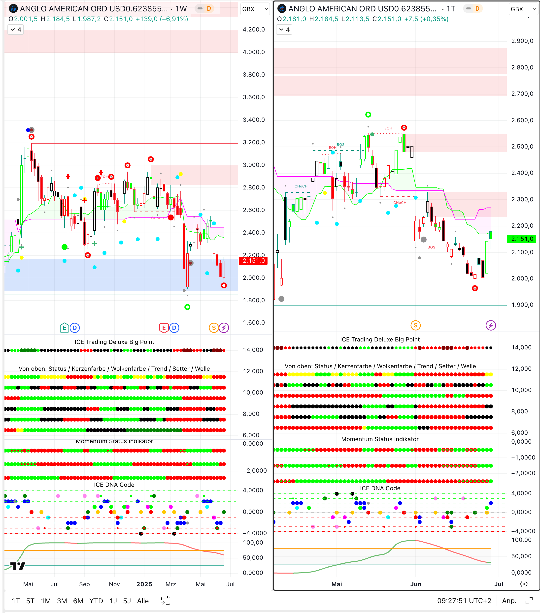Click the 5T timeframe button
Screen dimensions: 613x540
(x=30, y=601)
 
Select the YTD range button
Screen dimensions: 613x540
(x=96, y=601)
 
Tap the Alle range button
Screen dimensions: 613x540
(x=143, y=601)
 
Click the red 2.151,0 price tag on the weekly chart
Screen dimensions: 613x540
(x=253, y=261)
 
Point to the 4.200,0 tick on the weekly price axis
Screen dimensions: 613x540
(x=254, y=30)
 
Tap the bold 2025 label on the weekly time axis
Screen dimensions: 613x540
(x=144, y=584)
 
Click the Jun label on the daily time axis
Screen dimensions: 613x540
(x=416, y=584)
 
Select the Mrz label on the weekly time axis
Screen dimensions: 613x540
(x=171, y=584)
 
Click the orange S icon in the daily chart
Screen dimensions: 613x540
(x=415, y=325)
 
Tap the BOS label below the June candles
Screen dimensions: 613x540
(x=431, y=247)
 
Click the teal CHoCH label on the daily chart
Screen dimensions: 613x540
(x=301, y=186)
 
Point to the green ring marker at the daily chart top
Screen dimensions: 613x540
(x=368, y=115)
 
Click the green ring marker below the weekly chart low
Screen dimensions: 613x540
(x=187, y=307)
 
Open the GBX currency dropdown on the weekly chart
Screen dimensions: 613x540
(x=255, y=9)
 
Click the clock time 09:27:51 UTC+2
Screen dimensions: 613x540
(x=464, y=601)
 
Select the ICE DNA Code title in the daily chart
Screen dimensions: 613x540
(x=380, y=488)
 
